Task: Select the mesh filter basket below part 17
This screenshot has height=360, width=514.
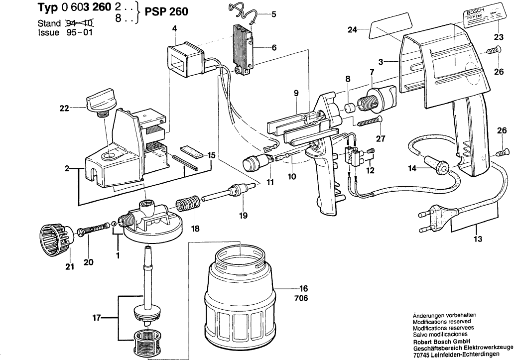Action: coord(148,343)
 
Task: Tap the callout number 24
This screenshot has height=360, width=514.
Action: coord(353,30)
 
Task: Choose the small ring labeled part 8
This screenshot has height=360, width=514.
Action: coord(350,108)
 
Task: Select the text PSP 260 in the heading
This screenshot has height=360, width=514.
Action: coord(166,11)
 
